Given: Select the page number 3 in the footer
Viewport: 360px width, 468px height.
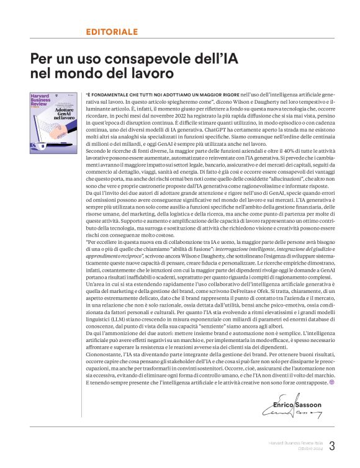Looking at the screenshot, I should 332,446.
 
